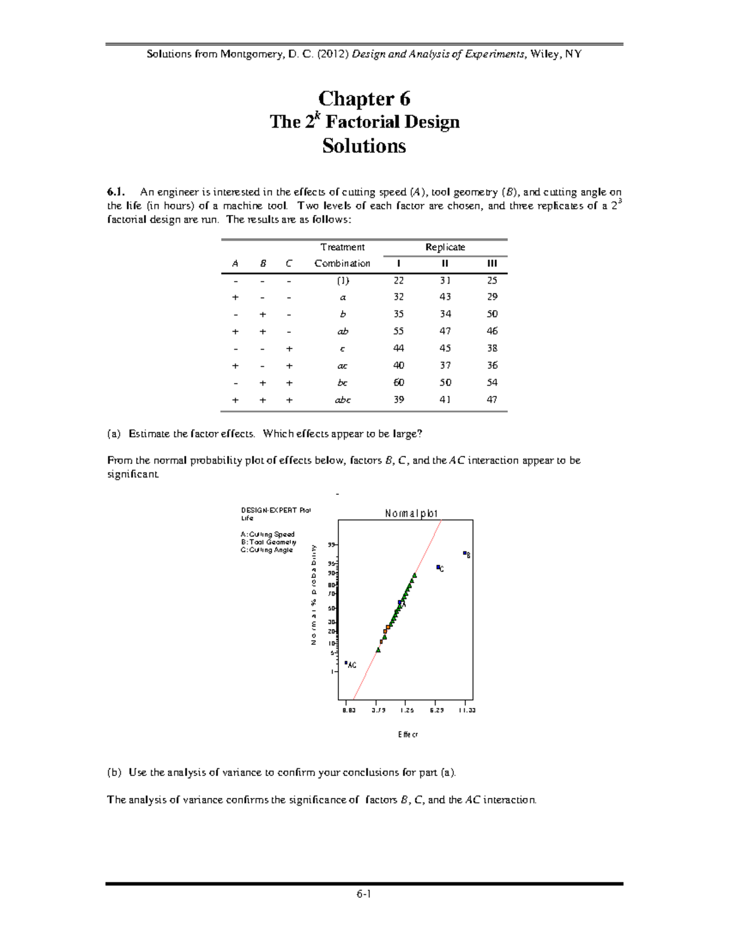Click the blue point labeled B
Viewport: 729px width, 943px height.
465,553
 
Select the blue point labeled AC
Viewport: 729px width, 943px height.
346,663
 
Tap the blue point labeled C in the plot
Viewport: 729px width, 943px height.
438,567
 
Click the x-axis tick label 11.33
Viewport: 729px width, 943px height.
467,710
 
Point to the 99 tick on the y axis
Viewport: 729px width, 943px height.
331,545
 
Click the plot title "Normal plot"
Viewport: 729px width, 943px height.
411,514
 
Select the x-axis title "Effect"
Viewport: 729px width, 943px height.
408,734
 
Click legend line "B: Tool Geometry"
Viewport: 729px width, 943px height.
268,542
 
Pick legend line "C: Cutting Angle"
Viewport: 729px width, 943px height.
267,550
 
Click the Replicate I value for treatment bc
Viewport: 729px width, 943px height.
398,383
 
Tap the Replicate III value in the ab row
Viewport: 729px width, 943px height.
491,331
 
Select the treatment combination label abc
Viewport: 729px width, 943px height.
343,400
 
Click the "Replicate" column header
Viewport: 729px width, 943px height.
445,247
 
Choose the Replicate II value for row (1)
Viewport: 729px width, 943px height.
445,281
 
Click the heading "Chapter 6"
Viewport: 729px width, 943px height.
364,98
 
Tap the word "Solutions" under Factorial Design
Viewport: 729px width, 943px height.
364,146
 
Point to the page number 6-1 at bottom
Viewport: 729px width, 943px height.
364,894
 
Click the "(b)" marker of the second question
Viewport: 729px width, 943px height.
114,772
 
